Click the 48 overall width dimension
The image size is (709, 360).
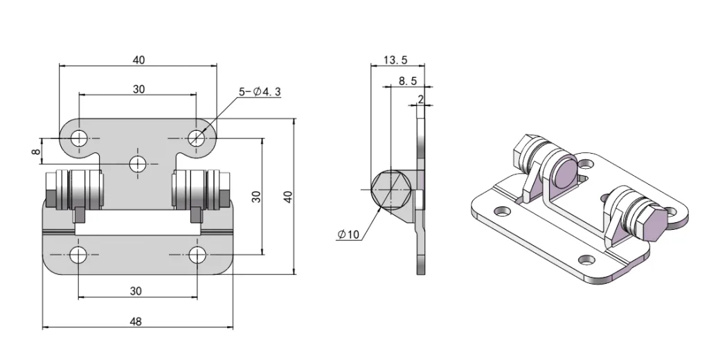[136, 321]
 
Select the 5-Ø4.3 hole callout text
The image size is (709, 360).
[260, 91]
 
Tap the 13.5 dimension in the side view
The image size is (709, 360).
[395, 60]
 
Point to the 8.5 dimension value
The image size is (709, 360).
[407, 81]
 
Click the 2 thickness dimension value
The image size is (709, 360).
[420, 99]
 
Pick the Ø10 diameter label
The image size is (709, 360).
[349, 235]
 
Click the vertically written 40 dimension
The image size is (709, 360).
[289, 197]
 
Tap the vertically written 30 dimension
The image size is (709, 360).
[256, 197]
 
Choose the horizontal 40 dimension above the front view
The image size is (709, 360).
[138, 60]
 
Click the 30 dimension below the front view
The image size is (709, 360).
[136, 291]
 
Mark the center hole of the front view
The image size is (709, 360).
[138, 163]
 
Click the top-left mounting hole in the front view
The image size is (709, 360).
[79, 137]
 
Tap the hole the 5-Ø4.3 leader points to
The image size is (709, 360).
[197, 137]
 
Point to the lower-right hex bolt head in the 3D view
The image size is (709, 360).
[653, 225]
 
